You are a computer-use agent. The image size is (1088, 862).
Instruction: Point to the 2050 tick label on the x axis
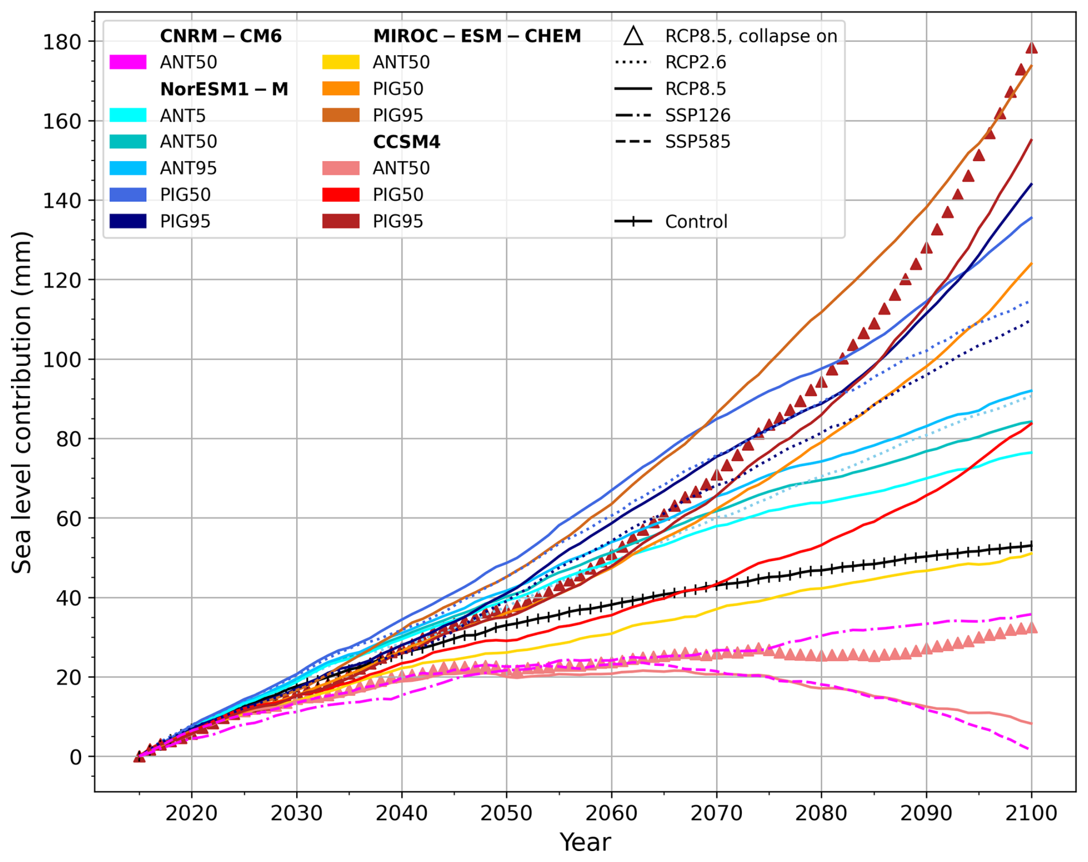(x=506, y=813)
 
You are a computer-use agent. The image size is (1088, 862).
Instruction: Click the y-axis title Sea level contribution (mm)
(x=22, y=403)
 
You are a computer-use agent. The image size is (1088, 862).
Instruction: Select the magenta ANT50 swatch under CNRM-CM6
(x=128, y=62)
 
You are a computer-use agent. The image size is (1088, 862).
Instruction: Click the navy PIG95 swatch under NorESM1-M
(x=128, y=221)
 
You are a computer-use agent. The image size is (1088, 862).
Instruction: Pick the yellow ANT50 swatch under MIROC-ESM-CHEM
(x=341, y=62)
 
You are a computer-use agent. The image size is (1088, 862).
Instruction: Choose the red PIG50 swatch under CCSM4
(x=341, y=195)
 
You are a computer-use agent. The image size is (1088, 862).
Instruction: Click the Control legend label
(x=696, y=222)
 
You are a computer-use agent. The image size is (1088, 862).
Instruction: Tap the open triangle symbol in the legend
(x=633, y=36)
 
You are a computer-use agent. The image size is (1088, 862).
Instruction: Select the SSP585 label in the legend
(x=698, y=142)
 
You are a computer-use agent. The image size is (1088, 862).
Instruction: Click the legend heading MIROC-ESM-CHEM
(x=477, y=36)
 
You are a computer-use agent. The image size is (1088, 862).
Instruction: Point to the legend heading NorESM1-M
(x=224, y=89)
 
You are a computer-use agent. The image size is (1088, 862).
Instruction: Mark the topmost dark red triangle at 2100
(x=1032, y=48)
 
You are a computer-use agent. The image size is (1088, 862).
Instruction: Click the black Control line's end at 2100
(x=1031, y=545)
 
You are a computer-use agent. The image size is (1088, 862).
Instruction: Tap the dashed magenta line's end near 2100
(x=1028, y=748)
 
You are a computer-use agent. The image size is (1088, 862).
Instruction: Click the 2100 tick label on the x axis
(x=1031, y=813)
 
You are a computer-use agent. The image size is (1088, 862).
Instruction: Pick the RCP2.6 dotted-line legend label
(x=695, y=62)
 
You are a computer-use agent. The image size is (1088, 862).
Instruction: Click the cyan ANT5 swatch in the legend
(x=128, y=116)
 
